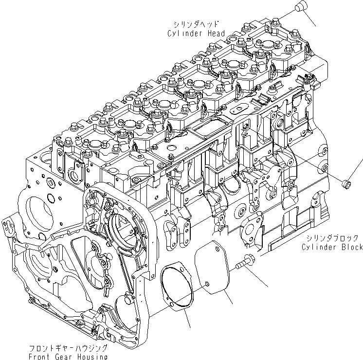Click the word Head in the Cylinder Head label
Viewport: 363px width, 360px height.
click(x=216, y=34)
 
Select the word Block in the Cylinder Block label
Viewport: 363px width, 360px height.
click(x=351, y=247)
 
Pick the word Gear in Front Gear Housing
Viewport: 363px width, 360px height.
click(x=68, y=357)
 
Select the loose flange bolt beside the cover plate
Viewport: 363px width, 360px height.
click(x=244, y=263)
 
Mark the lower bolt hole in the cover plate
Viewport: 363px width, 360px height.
click(x=206, y=284)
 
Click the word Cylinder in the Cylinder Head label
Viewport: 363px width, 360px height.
click(x=185, y=34)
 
